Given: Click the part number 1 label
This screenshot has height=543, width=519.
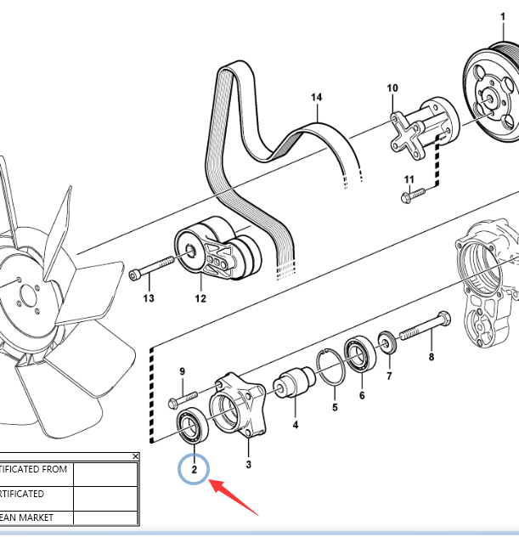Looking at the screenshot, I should tap(501, 17).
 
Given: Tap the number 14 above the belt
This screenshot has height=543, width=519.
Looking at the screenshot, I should tap(316, 99).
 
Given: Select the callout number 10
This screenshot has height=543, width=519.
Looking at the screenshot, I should tap(392, 88).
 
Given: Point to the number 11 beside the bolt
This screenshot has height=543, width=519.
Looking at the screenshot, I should tap(409, 179).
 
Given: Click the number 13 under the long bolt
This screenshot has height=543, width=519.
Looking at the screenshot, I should tap(149, 298).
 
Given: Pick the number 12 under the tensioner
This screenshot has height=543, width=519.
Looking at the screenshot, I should tap(200, 298).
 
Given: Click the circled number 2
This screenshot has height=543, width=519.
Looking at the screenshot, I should tap(194, 469).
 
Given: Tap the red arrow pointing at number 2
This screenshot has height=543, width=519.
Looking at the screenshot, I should tap(235, 499).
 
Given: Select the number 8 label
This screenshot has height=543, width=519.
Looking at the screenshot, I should tap(431, 358).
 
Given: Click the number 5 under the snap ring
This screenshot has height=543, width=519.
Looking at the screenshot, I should tap(335, 408).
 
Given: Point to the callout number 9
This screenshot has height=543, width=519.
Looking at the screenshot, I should tap(182, 371).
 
